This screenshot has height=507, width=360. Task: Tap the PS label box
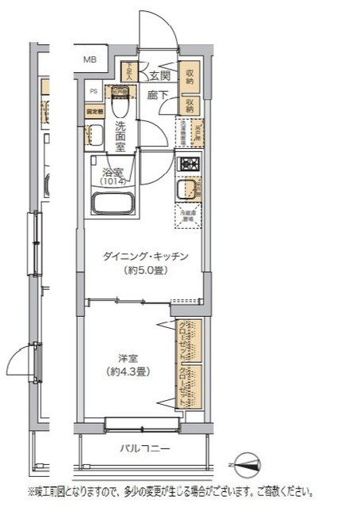tap(92, 90)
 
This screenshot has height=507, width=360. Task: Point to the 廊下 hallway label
tap(157, 95)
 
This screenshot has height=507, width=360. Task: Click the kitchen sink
tap(187, 190)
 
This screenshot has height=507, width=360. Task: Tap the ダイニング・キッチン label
tap(144, 257)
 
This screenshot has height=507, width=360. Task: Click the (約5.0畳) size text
tap(144, 270)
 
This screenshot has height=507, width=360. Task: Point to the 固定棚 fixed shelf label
tap(94, 112)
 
